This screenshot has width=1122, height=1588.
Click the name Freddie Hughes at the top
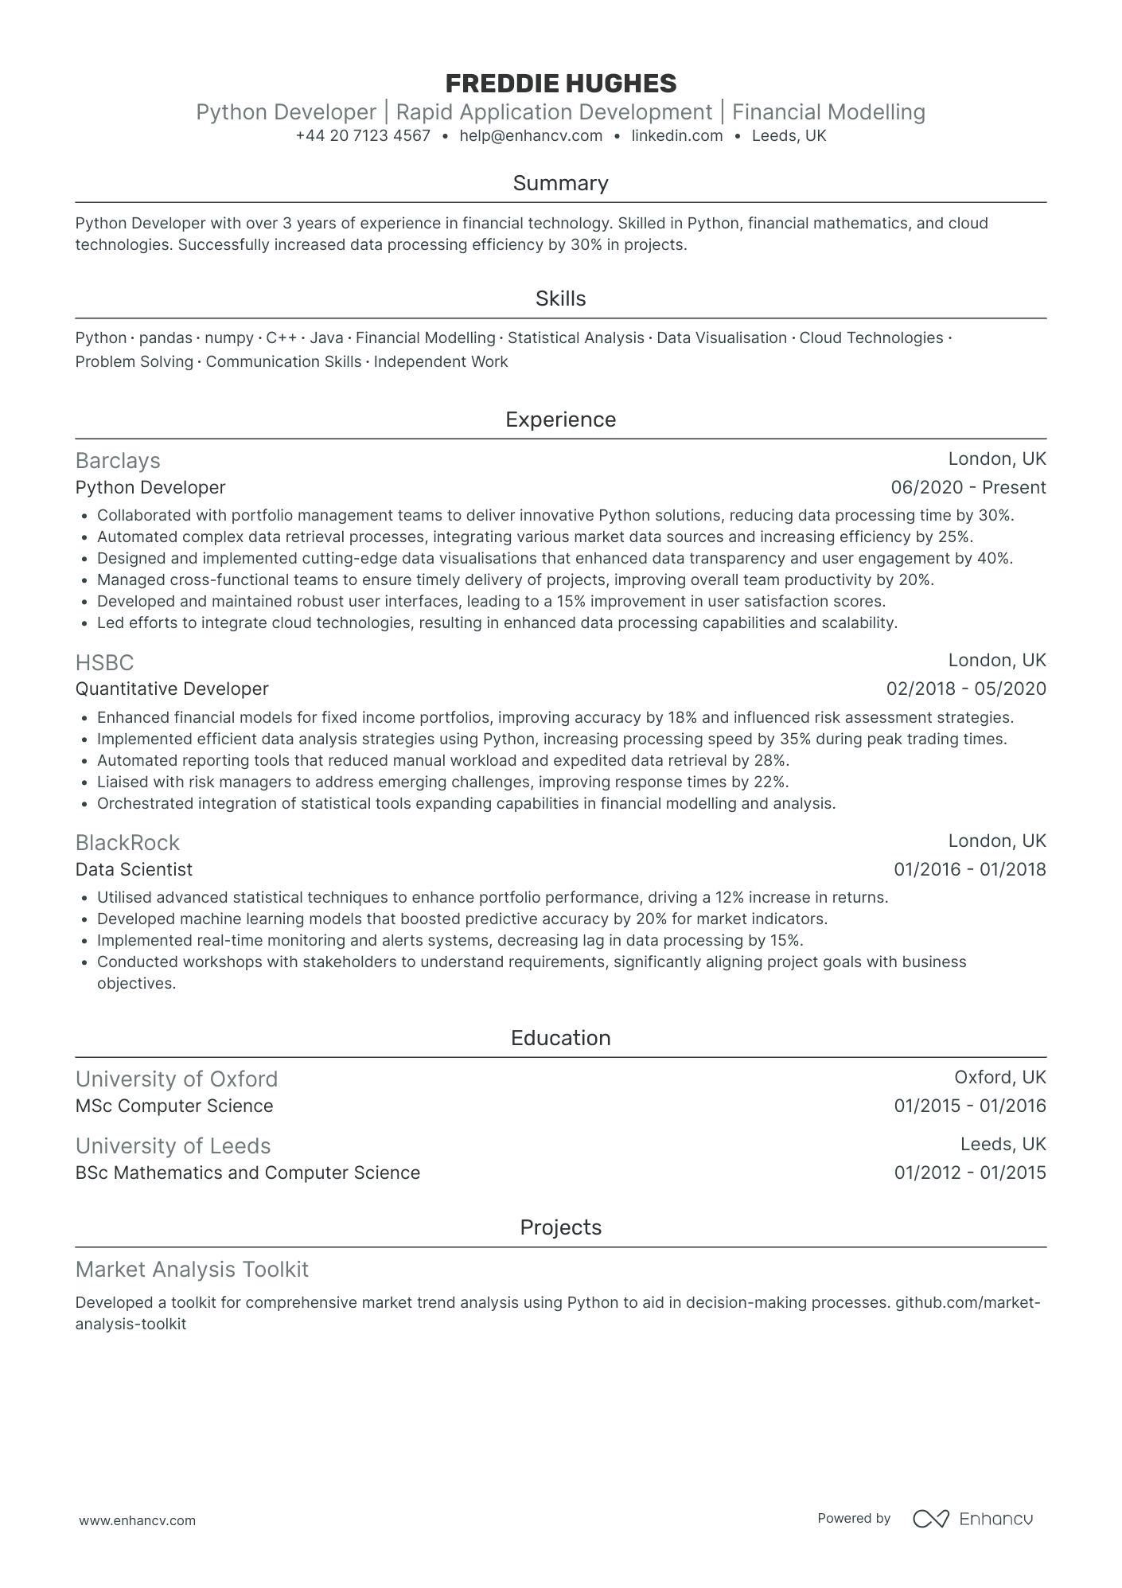click(560, 84)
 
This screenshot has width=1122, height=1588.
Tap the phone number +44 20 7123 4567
click(363, 136)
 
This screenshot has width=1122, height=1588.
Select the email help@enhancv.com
click(531, 136)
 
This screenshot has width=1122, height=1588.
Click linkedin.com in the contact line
click(677, 136)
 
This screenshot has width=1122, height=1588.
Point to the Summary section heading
click(560, 184)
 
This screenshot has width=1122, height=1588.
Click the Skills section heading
click(560, 299)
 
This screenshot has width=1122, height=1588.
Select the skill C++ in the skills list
click(282, 338)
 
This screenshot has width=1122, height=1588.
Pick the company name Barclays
click(118, 461)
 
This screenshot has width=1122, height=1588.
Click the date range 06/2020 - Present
click(968, 488)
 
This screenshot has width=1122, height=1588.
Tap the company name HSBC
click(104, 663)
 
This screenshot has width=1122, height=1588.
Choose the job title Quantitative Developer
click(172, 689)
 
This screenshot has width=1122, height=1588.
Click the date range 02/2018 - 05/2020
click(966, 689)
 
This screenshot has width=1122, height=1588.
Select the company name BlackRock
click(127, 843)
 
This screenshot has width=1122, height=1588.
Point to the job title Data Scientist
click(134, 870)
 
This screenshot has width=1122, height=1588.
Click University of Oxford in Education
click(177, 1079)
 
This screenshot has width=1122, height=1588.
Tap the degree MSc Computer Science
click(174, 1106)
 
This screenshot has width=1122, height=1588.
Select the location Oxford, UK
click(1000, 1078)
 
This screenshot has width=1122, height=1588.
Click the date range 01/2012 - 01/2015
click(970, 1173)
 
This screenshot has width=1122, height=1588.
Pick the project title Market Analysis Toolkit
click(192, 1270)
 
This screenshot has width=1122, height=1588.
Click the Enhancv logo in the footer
click(972, 1519)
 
